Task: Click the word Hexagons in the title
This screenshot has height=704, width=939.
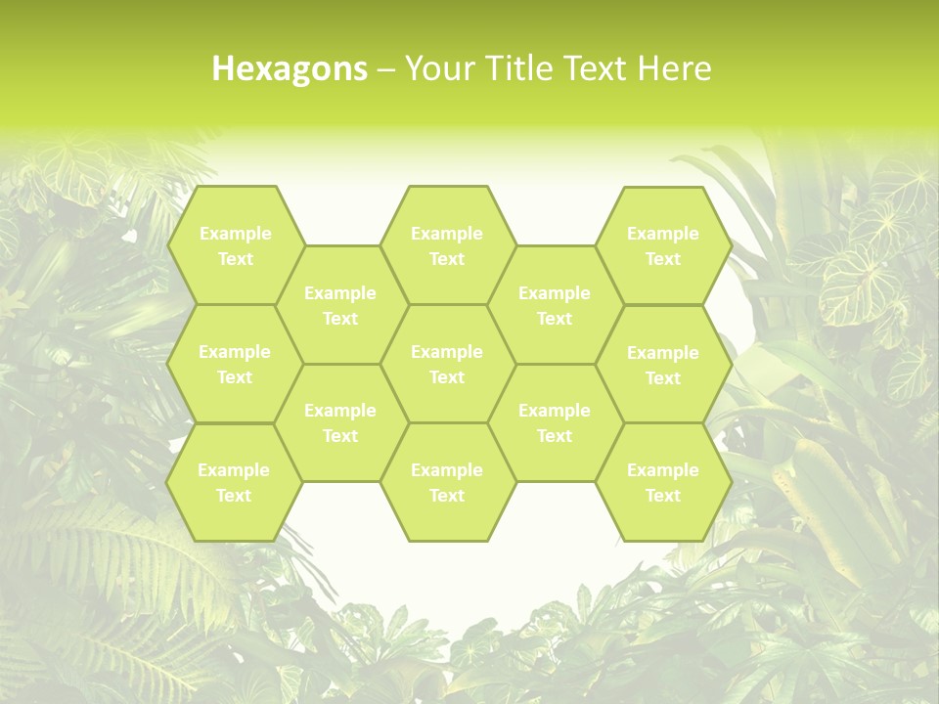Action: (x=290, y=69)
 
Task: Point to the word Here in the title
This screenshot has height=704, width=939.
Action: (x=674, y=69)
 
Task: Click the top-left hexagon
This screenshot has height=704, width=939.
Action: (x=235, y=245)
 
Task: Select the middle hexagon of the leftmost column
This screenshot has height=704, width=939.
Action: (x=235, y=364)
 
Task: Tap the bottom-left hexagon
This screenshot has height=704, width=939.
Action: (x=234, y=482)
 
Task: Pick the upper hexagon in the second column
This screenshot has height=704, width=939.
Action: (x=340, y=305)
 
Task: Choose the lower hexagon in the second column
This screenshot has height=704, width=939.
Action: (x=340, y=422)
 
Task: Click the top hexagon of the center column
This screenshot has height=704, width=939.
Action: (x=447, y=245)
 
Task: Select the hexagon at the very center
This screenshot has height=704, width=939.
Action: (x=447, y=364)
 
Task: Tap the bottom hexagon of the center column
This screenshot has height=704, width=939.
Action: (x=447, y=482)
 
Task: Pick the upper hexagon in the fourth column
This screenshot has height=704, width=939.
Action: (x=555, y=305)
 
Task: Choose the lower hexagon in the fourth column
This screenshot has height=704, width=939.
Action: (x=555, y=422)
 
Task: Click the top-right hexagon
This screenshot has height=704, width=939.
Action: (x=663, y=245)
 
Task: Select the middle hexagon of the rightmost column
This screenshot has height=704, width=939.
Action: (x=663, y=365)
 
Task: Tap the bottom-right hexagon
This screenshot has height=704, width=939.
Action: (x=663, y=482)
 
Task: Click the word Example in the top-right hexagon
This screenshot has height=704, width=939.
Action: (x=663, y=234)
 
